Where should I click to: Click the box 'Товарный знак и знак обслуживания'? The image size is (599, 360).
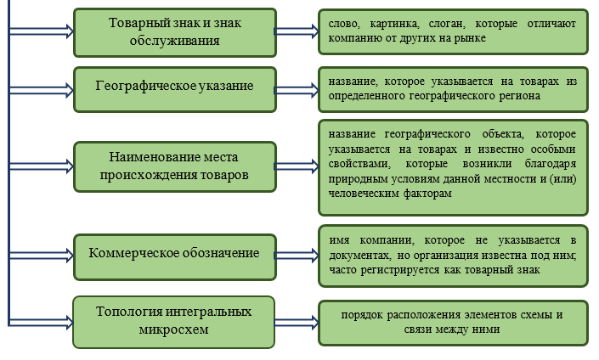tap(175, 33)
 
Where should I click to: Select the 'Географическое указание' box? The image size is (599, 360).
tap(175, 90)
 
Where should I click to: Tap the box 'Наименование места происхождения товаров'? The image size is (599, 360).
tap(175, 166)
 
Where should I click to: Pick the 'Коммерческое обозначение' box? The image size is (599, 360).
tap(175, 257)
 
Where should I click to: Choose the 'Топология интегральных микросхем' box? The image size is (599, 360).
tap(174, 322)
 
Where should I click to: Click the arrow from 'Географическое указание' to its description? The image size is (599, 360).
tap(297, 90)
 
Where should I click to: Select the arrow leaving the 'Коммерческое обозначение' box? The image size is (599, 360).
tap(297, 256)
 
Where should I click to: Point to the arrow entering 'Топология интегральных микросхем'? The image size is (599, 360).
tap(41, 322)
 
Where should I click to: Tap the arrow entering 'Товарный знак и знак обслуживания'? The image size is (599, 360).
tap(41, 31)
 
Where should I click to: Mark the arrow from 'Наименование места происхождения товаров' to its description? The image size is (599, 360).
tap(297, 166)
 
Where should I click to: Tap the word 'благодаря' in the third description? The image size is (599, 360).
tap(551, 164)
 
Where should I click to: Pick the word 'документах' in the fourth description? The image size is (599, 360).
tap(359, 256)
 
